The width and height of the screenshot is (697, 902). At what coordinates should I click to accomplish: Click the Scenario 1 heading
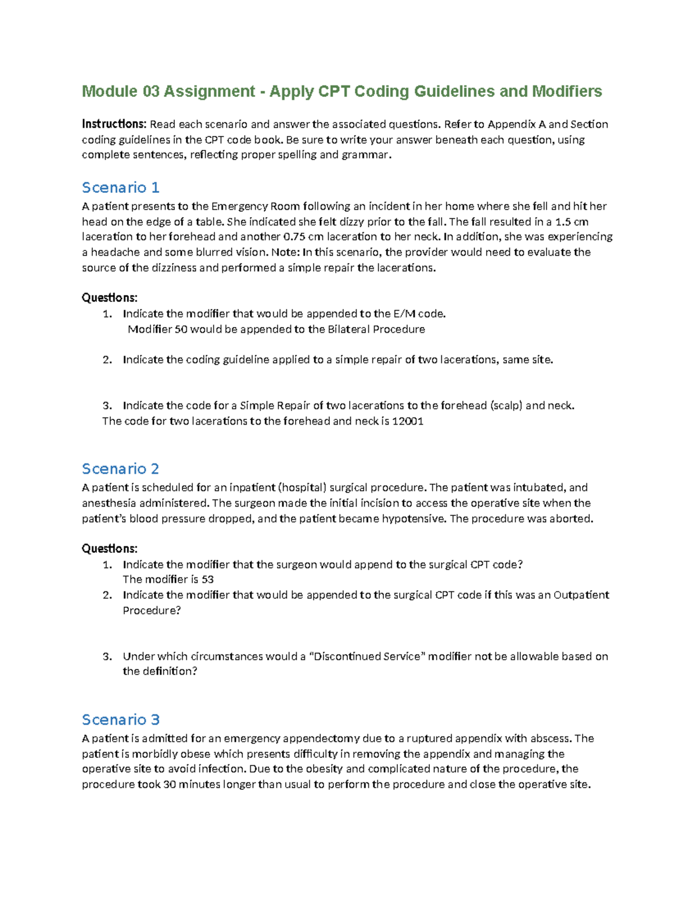(120, 188)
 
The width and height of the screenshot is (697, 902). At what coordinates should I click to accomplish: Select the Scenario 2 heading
(120, 469)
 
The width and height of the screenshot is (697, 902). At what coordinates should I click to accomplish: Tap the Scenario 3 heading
(120, 720)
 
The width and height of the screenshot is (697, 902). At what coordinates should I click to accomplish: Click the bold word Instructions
(114, 124)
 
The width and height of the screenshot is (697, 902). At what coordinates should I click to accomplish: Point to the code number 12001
(408, 421)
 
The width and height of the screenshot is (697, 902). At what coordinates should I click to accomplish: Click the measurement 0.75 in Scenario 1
(296, 236)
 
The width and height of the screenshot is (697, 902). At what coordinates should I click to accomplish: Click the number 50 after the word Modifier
(181, 329)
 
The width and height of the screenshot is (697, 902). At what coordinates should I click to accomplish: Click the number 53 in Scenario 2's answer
(207, 579)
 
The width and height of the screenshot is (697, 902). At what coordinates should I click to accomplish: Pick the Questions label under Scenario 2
(110, 548)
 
